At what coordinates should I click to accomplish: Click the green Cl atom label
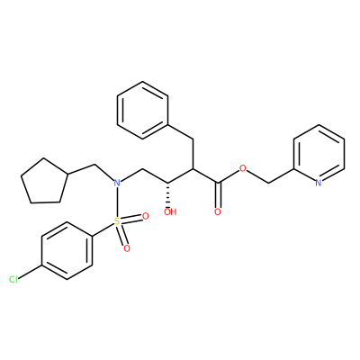13,280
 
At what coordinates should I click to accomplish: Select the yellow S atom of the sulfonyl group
117,221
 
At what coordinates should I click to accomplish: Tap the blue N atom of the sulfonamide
117,183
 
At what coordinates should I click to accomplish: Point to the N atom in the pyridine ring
319,183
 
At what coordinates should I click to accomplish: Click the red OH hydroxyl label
170,212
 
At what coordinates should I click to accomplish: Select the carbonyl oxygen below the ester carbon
218,211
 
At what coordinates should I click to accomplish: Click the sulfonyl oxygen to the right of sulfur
146,216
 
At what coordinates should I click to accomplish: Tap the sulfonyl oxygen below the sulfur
127,248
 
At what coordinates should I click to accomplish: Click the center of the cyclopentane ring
44,182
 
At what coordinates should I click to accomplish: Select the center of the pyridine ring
319,154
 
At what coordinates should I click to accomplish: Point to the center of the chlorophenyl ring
67,251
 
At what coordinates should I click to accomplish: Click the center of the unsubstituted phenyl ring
142,110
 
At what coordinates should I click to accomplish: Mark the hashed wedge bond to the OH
167,193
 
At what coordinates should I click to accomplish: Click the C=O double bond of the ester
218,194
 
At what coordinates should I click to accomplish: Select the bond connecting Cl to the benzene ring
30,273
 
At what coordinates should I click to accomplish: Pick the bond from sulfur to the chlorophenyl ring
103,229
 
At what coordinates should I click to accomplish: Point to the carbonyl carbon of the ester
218,182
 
